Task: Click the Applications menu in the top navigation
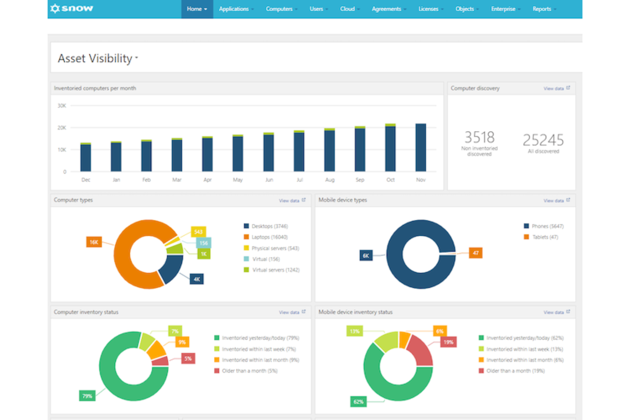pos(234,9)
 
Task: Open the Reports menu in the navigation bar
pos(542,9)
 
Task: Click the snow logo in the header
pos(72,9)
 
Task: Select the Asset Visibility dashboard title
pos(95,58)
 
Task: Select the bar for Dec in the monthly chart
pos(86,157)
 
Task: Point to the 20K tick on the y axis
pos(62,128)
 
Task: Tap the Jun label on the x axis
pos(269,180)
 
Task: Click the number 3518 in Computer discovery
pos(479,137)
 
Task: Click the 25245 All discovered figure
pos(543,140)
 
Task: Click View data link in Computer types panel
pos(289,200)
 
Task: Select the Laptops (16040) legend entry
pos(269,237)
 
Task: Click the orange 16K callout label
pos(94,242)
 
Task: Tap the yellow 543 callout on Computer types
pos(198,232)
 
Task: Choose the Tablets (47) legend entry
pos(545,237)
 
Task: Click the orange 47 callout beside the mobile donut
pos(475,253)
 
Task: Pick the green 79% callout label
pos(87,396)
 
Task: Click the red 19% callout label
pos(448,342)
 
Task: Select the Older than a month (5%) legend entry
pos(249,371)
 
